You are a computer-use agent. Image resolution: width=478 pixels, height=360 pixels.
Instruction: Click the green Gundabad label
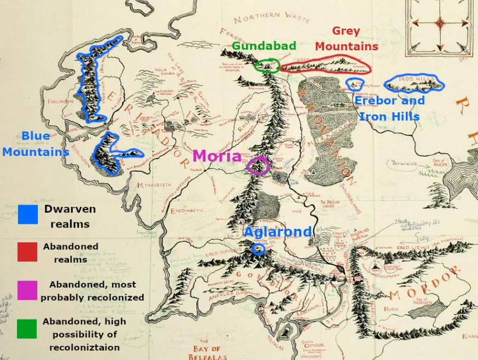point(263,46)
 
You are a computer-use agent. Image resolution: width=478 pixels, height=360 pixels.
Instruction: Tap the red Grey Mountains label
point(346,39)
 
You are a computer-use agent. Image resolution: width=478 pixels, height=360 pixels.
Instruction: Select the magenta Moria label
point(217,156)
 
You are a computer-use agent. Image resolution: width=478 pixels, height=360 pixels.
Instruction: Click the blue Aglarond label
point(277,231)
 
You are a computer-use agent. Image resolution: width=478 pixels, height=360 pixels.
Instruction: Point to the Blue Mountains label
point(36,144)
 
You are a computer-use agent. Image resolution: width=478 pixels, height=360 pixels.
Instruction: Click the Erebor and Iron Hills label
point(389,108)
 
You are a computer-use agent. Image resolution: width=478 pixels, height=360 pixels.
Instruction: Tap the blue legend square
point(27,214)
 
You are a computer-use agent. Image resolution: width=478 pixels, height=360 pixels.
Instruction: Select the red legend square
point(27,252)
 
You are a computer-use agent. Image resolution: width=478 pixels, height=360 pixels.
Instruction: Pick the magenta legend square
point(27,290)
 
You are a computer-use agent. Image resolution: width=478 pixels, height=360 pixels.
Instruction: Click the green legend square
point(27,328)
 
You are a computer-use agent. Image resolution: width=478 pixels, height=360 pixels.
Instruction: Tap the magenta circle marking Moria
point(258,165)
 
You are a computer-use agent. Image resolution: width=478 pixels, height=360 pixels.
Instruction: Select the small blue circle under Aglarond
point(258,249)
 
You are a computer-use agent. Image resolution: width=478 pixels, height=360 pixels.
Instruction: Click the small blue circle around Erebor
point(355,84)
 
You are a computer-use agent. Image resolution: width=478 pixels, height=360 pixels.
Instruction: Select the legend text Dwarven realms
point(70,216)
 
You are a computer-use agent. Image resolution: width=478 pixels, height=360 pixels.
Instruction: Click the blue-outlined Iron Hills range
point(413,83)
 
